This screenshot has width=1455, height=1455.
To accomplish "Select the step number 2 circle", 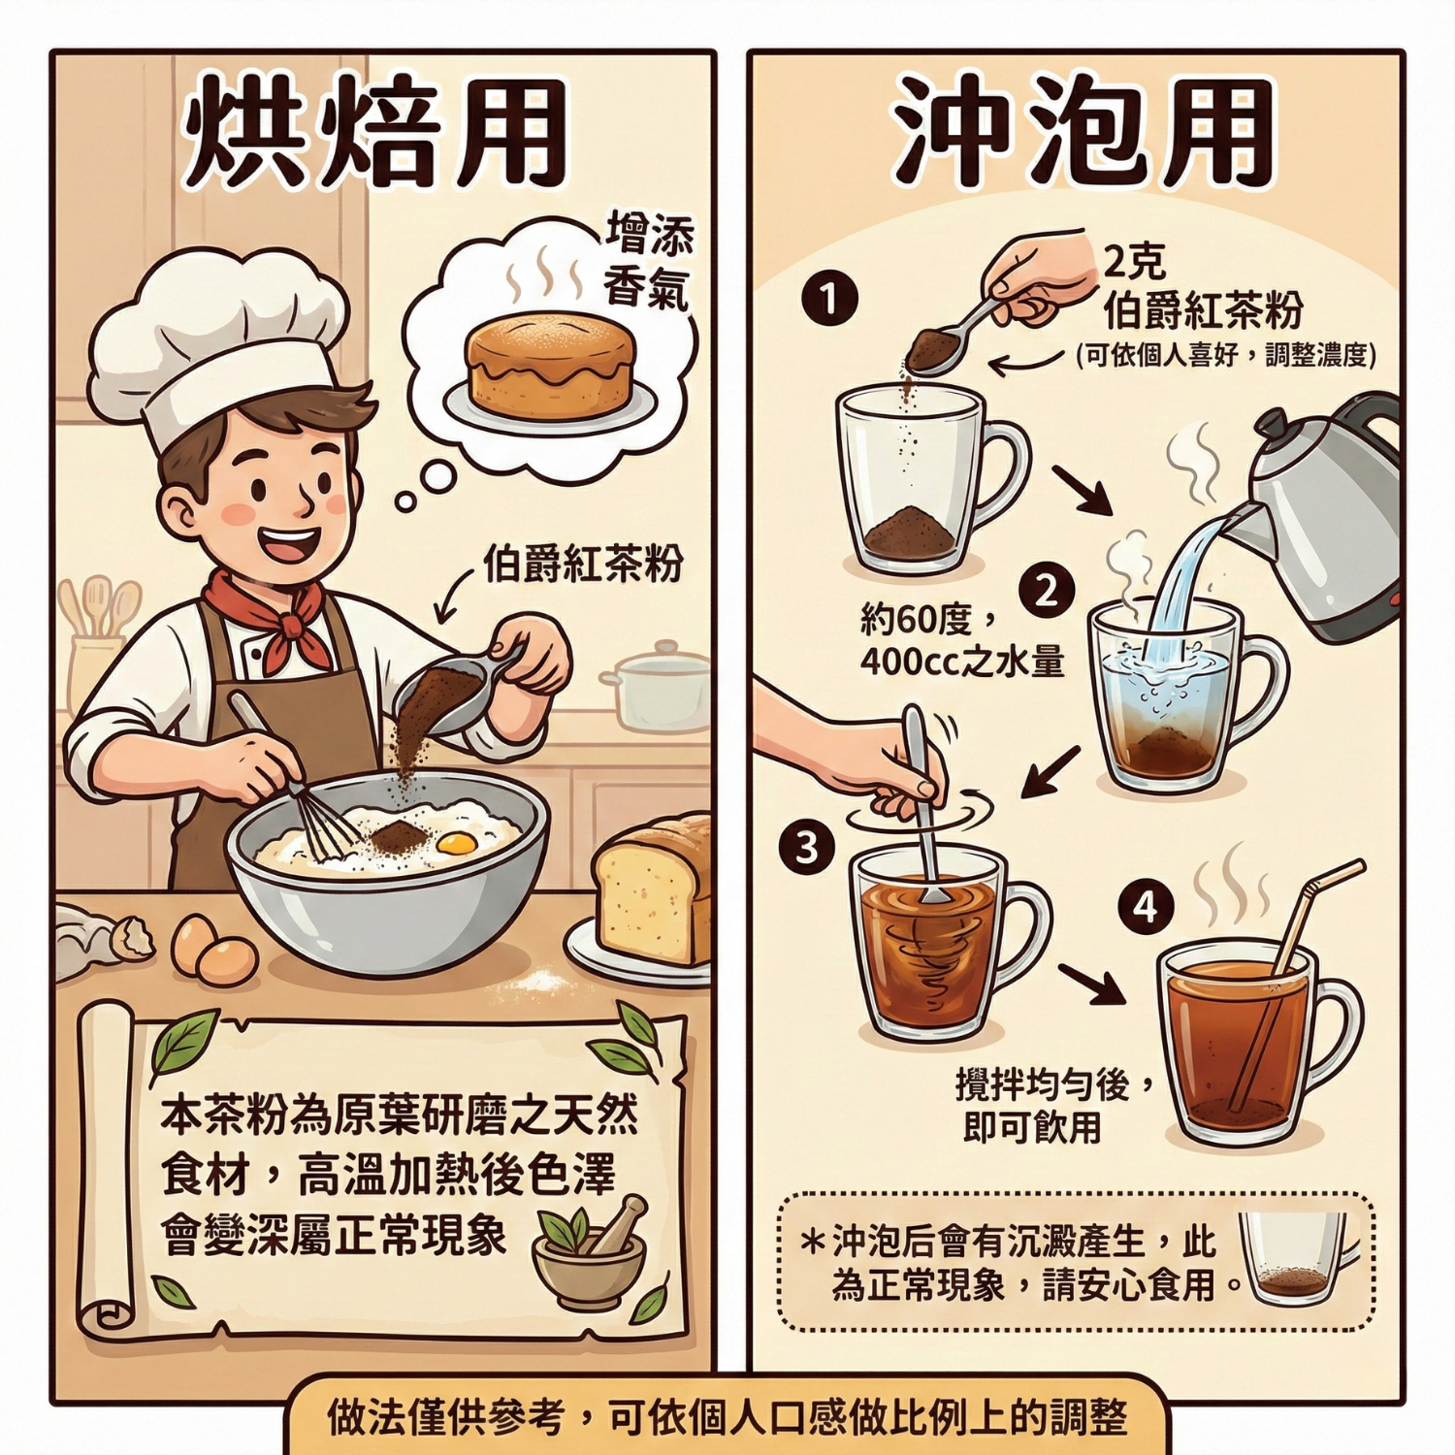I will pos(1046,590).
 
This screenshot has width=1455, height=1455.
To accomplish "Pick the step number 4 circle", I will pos(1147,907).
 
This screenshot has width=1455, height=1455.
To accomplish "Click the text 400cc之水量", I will pos(962,662).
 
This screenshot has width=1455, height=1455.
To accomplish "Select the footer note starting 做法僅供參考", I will pos(727,1417).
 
